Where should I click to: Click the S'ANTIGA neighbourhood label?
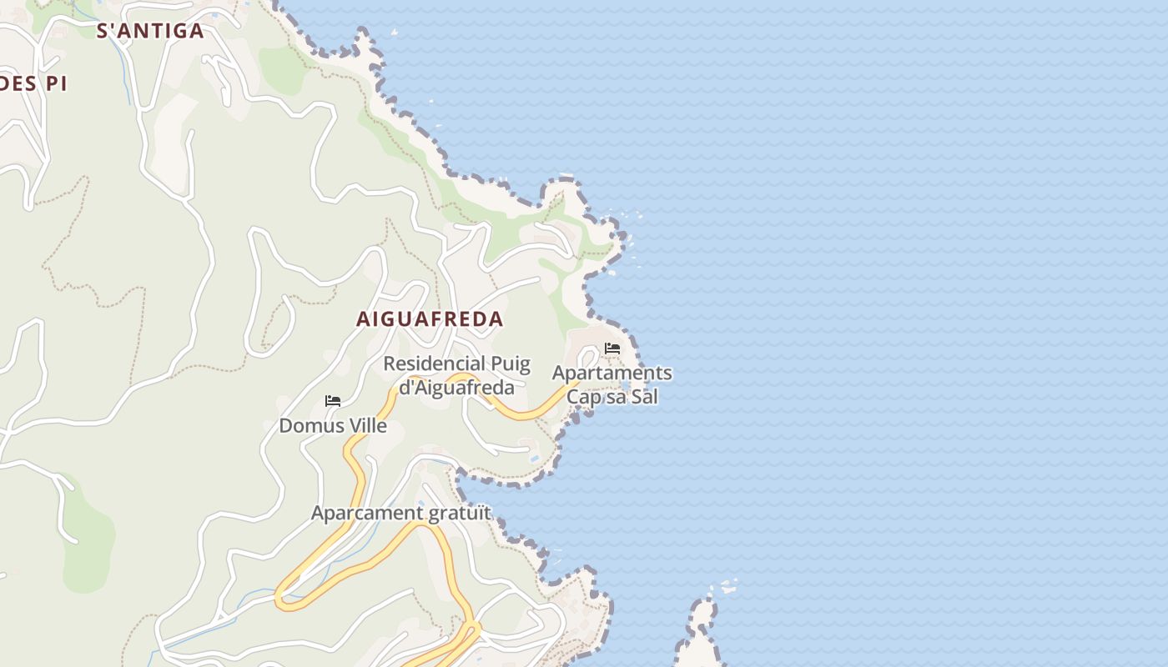[150, 32]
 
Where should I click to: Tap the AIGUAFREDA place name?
[430, 318]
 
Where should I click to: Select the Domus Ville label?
[333, 426]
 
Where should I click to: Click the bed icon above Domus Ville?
[333, 401]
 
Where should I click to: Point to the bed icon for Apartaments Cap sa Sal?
[612, 349]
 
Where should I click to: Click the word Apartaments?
[612, 373]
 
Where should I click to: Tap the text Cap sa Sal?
[612, 396]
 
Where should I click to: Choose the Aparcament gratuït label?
[401, 513]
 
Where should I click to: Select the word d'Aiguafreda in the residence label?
[456, 387]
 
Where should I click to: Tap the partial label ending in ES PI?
[32, 83]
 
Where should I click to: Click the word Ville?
[365, 426]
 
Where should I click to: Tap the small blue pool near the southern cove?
[534, 459]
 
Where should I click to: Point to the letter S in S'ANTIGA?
[104, 32]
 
